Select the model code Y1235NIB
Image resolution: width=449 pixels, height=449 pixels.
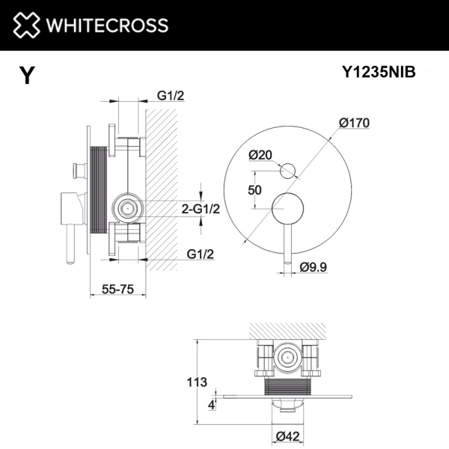[378, 73]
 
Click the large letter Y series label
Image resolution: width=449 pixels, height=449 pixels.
[27, 76]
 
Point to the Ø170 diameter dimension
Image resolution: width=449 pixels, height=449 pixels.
[354, 123]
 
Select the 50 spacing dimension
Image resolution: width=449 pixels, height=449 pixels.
[254, 190]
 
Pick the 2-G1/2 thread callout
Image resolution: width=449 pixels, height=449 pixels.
[199, 209]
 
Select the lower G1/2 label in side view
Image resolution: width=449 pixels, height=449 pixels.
[198, 254]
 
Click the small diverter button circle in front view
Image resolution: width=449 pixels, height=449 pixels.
[287, 171]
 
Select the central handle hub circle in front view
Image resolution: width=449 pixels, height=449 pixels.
[287, 208]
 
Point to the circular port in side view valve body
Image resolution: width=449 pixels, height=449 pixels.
[128, 209]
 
